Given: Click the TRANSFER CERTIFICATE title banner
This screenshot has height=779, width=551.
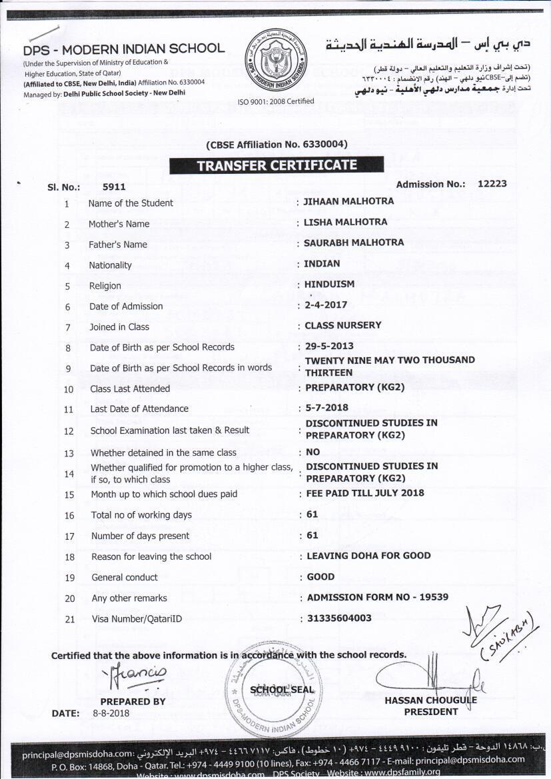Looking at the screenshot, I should pyautogui.click(x=276, y=165).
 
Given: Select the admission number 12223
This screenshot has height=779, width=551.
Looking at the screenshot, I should pyautogui.click(x=492, y=183).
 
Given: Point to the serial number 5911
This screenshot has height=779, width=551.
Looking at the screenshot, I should pyautogui.click(x=114, y=188).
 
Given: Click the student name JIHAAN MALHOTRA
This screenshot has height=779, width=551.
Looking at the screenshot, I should pyautogui.click(x=348, y=201).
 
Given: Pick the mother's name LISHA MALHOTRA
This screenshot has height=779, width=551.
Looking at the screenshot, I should pyautogui.click(x=345, y=222).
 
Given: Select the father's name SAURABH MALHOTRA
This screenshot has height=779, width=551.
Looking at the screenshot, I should pyautogui.click(x=354, y=243).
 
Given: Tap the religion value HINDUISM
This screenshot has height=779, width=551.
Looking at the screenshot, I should pyautogui.click(x=329, y=284).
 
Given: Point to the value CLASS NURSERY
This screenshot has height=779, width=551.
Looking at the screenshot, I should pyautogui.click(x=343, y=325).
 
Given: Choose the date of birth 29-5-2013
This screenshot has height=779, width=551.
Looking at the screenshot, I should pyautogui.click(x=328, y=347).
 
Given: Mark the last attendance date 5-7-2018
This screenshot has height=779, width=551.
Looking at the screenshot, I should pyautogui.click(x=326, y=407).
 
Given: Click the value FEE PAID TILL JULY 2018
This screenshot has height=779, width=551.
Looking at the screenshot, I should pyautogui.click(x=365, y=493).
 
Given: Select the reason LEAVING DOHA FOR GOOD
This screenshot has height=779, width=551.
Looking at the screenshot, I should pyautogui.click(x=368, y=556).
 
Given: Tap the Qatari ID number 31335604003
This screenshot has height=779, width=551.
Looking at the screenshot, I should pyautogui.click(x=339, y=618).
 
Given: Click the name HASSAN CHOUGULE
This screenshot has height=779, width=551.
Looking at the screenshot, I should pyautogui.click(x=430, y=700).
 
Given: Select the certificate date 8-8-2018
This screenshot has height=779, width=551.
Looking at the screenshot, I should pyautogui.click(x=111, y=713).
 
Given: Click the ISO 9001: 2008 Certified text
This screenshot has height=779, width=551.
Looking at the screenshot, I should pyautogui.click(x=275, y=101).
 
